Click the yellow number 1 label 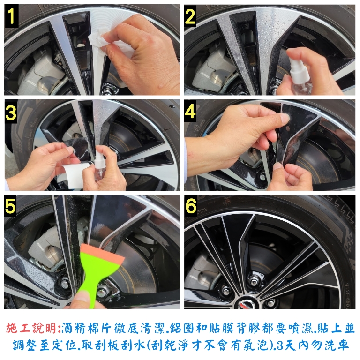11,16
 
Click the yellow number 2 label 190,16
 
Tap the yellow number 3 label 11,112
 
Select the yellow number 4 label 190,111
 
